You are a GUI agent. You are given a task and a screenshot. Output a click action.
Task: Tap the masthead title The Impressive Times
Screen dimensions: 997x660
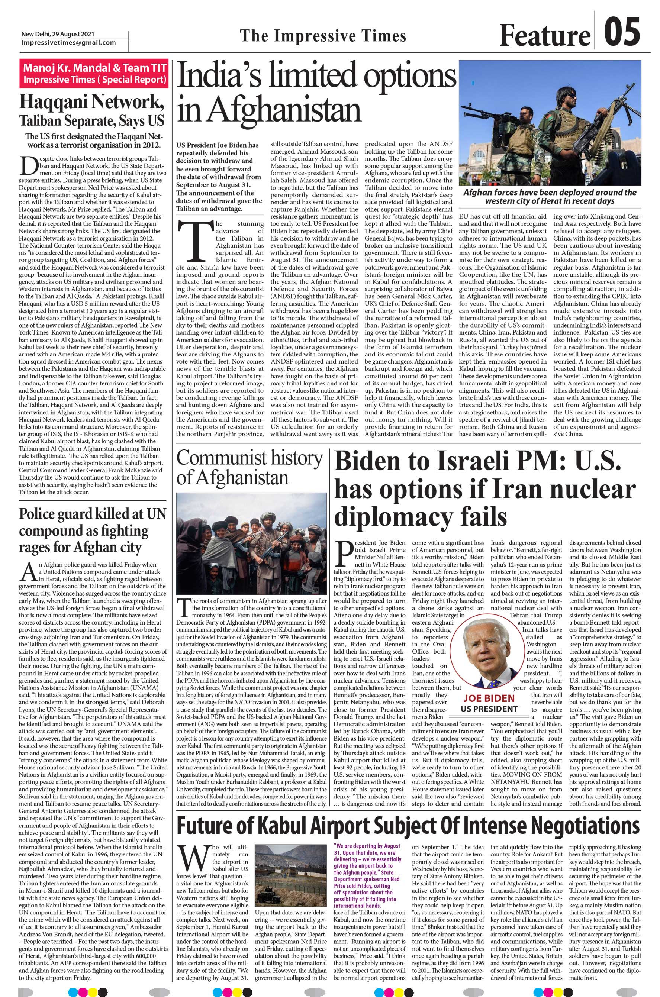click(323, 36)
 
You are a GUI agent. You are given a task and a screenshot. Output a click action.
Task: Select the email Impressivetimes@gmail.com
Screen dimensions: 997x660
click(69, 42)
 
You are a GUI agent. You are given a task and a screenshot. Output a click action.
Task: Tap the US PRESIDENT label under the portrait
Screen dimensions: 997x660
click(489, 709)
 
